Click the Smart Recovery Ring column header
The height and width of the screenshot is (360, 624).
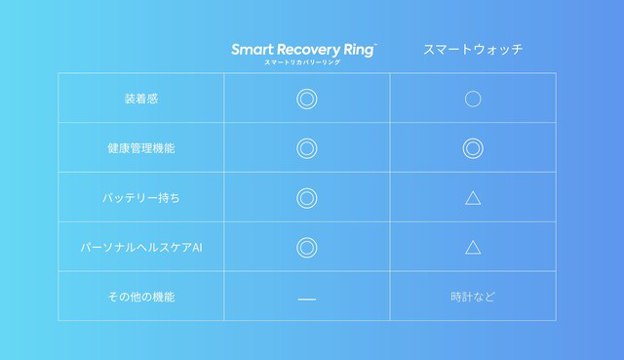pyautogui.click(x=304, y=49)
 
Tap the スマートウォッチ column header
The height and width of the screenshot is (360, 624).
pyautogui.click(x=473, y=49)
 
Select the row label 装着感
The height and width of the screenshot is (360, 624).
pyautogui.click(x=141, y=98)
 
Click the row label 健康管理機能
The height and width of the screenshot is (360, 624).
pyautogui.click(x=141, y=148)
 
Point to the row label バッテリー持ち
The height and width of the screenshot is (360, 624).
pyautogui.click(x=141, y=198)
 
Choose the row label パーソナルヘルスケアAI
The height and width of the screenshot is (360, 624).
pyautogui.click(x=141, y=247)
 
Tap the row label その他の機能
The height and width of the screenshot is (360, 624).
pyautogui.click(x=141, y=297)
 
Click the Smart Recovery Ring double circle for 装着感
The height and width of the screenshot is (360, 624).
pyautogui.click(x=307, y=98)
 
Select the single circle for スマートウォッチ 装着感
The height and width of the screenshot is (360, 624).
pyautogui.click(x=473, y=98)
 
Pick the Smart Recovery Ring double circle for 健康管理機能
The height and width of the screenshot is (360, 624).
pyautogui.click(x=307, y=148)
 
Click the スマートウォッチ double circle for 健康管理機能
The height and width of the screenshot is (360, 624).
pyautogui.click(x=473, y=148)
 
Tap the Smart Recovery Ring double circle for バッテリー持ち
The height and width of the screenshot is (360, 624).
pyautogui.click(x=307, y=198)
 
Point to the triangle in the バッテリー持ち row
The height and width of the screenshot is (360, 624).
pyautogui.click(x=473, y=198)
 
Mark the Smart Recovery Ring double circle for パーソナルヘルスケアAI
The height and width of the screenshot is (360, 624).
pyautogui.click(x=307, y=247)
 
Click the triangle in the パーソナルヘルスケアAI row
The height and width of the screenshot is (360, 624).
pyautogui.click(x=473, y=247)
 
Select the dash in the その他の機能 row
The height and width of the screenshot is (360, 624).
pyautogui.click(x=307, y=298)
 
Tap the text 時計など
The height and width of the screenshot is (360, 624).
pyautogui.click(x=473, y=297)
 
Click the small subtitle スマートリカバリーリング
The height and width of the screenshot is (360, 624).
pyautogui.click(x=303, y=63)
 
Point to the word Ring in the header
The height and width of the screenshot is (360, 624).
pyautogui.click(x=353, y=49)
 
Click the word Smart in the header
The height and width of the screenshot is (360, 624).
pyautogui.click(x=252, y=49)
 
